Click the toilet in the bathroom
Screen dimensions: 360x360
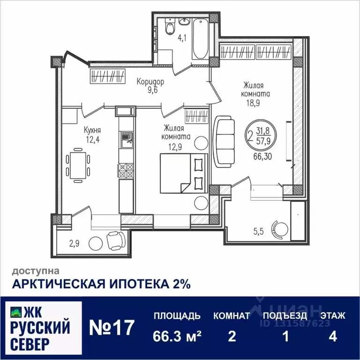click(x=170, y=29)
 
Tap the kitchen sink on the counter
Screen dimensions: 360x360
click(x=126, y=139)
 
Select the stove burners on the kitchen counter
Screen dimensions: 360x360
click(x=126, y=170)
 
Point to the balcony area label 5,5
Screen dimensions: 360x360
click(x=259, y=231)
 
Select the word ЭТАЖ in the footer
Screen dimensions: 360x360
click(x=333, y=315)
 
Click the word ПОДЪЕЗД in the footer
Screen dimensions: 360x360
click(x=285, y=315)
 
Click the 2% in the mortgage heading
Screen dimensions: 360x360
click(x=180, y=284)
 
